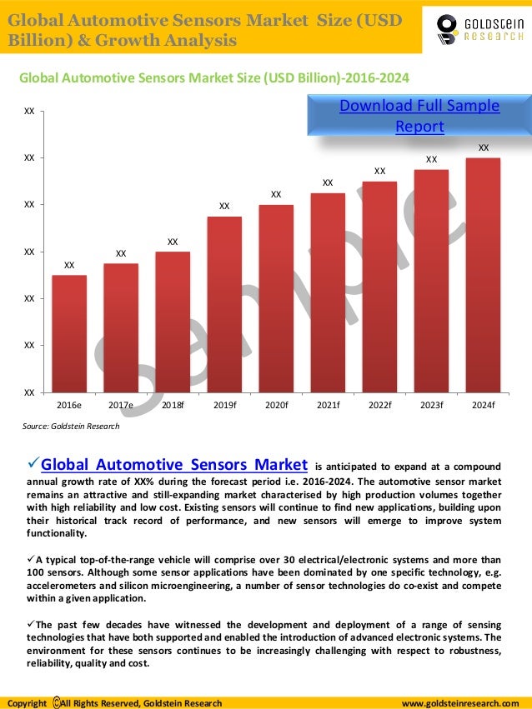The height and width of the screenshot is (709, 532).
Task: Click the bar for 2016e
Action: [x=69, y=333]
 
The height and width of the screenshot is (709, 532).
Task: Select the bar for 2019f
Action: [x=224, y=304]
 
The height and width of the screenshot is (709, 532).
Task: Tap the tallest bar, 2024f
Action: [x=483, y=275]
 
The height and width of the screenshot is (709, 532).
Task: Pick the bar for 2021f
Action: [x=328, y=292]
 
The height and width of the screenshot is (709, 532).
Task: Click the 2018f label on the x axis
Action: [x=173, y=406]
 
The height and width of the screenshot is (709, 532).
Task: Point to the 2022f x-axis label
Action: [x=379, y=406]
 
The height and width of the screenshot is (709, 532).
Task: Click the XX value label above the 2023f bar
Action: [x=431, y=159]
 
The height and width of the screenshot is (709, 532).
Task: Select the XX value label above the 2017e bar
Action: [x=121, y=252]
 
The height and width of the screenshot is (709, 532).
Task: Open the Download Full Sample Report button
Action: [x=419, y=116]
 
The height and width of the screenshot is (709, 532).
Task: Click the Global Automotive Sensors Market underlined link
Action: [x=175, y=464]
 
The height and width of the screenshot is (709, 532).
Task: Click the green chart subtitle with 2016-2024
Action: [x=214, y=78]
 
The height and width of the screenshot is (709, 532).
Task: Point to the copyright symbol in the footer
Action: [x=56, y=703]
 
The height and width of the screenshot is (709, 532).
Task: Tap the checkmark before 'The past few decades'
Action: [x=32, y=623]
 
